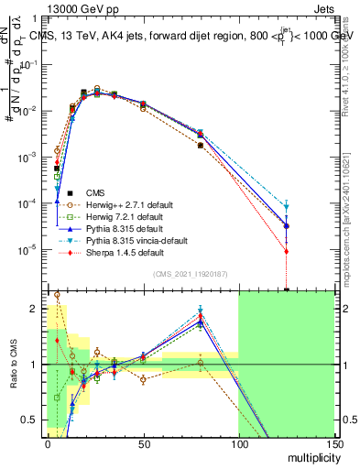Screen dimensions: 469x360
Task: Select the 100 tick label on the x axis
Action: [x=238, y=443]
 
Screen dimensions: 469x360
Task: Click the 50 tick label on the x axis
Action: [x=143, y=443]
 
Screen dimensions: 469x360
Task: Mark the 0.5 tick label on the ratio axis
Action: [x=33, y=420]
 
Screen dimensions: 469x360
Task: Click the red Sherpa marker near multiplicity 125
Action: [x=287, y=251]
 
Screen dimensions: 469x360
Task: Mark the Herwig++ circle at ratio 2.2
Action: [x=57, y=295]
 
